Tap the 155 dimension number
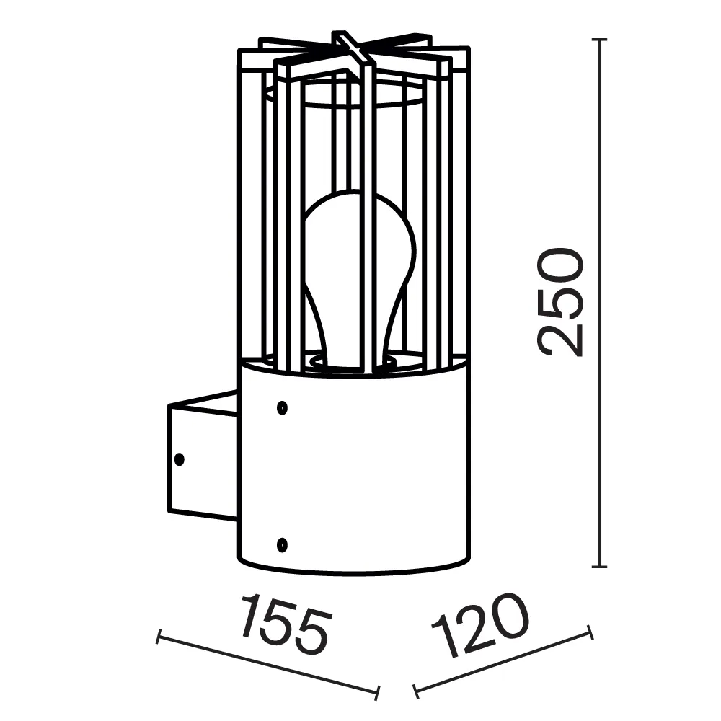tap(284, 623)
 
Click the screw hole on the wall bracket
tap(180, 458)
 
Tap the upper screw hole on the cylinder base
tap(282, 408)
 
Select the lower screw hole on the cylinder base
tap(282, 542)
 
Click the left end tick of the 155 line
tap(158, 636)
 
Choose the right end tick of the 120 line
tap(590, 633)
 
